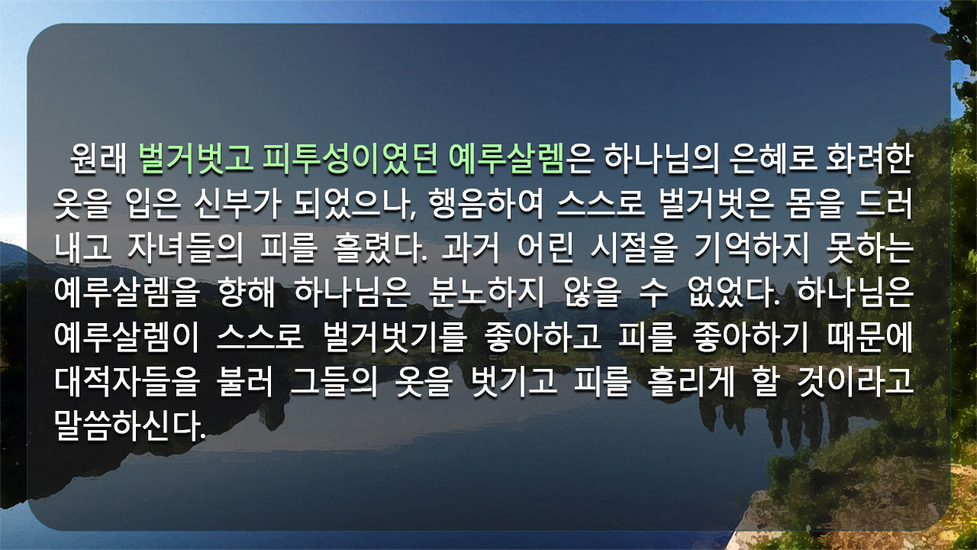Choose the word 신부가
click(x=237, y=204)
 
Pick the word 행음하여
click(x=486, y=204)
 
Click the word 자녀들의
click(x=185, y=249)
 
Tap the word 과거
click(x=470, y=249)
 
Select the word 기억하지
click(x=751, y=249)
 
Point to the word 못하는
click(x=869, y=249)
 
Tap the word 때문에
click(x=869, y=338)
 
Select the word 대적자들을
click(x=127, y=382)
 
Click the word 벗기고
click(x=514, y=382)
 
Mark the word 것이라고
click(x=855, y=382)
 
